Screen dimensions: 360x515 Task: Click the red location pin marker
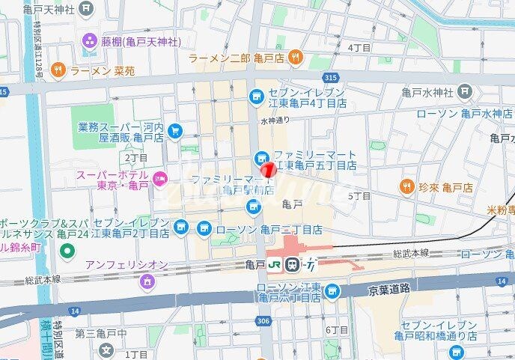pyautogui.click(x=268, y=170)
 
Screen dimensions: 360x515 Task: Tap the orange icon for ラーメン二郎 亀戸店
pyautogui.click(x=296, y=56)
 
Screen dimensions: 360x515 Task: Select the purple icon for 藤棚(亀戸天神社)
pyautogui.click(x=90, y=39)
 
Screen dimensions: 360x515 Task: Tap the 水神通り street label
pyautogui.click(x=275, y=119)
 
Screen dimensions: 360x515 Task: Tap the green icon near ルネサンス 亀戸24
pyautogui.click(x=67, y=251)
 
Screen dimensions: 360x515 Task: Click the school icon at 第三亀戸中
pyautogui.click(x=106, y=349)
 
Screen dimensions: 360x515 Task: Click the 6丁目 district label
pyautogui.click(x=338, y=330)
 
